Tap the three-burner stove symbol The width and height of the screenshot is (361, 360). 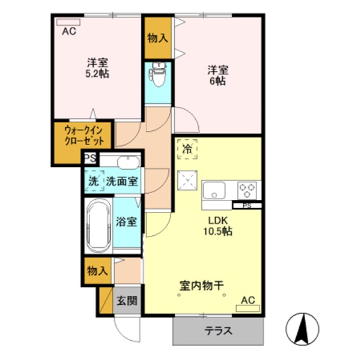click(247, 190)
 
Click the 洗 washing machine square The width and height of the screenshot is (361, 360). click(94, 180)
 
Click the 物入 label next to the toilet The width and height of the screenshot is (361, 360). click(158, 38)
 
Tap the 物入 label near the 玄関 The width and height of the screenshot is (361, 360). click(97, 271)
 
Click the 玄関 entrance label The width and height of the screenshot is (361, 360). click(126, 301)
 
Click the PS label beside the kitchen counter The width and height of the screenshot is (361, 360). click(247, 206)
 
